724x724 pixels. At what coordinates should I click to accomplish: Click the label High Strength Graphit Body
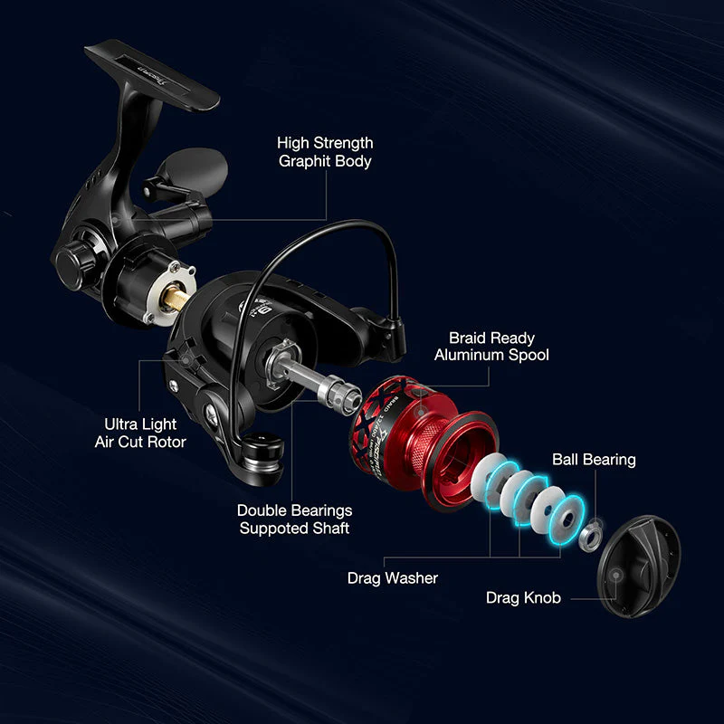(325, 152)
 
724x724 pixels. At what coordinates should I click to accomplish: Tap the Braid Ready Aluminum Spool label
(491, 347)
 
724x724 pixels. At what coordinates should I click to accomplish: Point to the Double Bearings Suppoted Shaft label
(294, 519)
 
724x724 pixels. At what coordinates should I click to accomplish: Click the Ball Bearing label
(594, 460)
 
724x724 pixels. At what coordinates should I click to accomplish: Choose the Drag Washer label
(393, 577)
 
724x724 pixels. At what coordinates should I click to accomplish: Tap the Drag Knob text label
(523, 597)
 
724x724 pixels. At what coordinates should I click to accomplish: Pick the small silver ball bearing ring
(589, 537)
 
